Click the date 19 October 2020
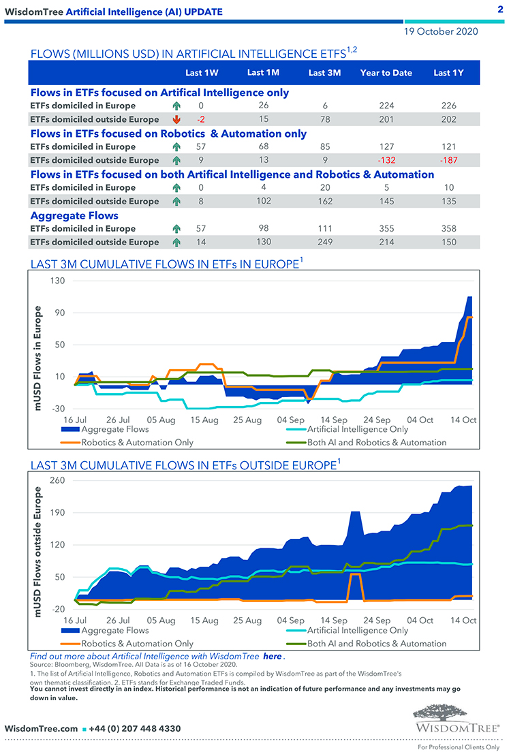[x=441, y=31]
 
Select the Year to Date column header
[x=386, y=73]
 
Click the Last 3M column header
[x=324, y=73]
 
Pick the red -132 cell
[x=386, y=160]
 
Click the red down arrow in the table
[x=176, y=119]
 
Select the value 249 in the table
[x=324, y=242]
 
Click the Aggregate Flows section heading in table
[x=74, y=215]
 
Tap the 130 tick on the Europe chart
[x=57, y=281]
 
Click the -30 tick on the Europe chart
[x=57, y=409]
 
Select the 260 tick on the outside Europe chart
[x=57, y=481]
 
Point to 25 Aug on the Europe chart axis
[x=247, y=420]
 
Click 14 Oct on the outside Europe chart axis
[x=465, y=621]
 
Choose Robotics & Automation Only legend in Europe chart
[x=137, y=442]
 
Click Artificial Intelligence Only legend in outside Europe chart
[x=358, y=630]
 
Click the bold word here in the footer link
[x=272, y=656]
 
